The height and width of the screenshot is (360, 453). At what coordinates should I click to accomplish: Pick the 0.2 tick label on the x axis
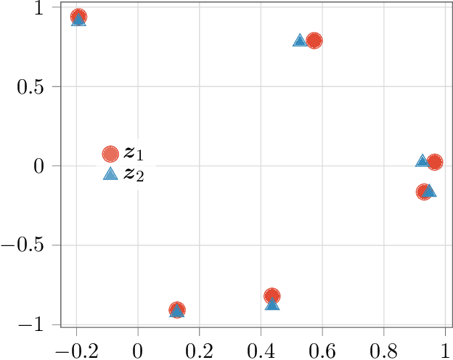pyautogui.click(x=199, y=348)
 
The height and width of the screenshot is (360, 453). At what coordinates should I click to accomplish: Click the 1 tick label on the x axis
pyautogui.click(x=444, y=348)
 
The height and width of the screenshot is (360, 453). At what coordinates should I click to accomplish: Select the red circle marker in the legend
pyautogui.click(x=110, y=153)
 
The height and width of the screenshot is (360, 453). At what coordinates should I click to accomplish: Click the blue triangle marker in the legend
pyautogui.click(x=110, y=173)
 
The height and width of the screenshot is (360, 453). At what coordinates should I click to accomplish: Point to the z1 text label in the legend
pyautogui.click(x=134, y=153)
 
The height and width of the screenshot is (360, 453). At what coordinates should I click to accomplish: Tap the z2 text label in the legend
pyautogui.click(x=134, y=173)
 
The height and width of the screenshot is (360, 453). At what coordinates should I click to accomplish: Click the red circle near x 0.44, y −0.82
pyautogui.click(x=272, y=295)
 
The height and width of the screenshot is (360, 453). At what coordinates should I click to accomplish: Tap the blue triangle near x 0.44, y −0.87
pyautogui.click(x=272, y=303)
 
